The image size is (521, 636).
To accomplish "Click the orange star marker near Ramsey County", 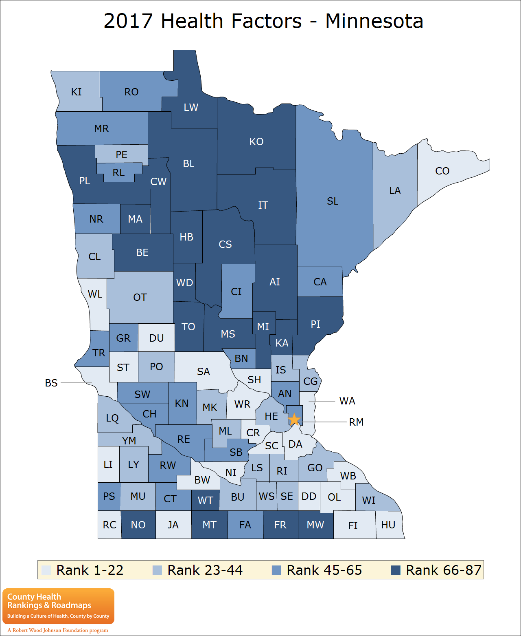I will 294,419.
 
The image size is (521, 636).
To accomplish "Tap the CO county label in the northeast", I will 442,171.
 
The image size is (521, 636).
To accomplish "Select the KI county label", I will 76,92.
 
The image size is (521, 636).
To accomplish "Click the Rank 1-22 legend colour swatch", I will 46,570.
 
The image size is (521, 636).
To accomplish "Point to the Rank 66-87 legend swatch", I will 396,570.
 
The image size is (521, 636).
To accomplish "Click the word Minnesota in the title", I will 374,21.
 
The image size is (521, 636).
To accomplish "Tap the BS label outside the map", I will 51,383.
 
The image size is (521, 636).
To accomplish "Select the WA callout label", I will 347,401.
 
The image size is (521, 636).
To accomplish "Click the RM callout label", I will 356,422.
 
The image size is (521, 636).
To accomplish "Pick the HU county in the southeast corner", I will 388,525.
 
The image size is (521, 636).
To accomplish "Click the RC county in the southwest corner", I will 109,525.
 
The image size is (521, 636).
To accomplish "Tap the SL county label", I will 333,201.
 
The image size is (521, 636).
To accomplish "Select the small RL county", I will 118,172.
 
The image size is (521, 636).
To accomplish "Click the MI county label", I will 263,327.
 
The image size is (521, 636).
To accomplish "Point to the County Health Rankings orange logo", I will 58,606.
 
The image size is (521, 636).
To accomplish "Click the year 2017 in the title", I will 128,21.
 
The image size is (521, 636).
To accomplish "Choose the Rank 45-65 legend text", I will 324,570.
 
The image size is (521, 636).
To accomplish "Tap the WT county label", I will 206,500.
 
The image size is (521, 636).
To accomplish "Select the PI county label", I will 315,324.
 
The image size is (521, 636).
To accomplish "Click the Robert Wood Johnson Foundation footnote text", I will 58,630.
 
